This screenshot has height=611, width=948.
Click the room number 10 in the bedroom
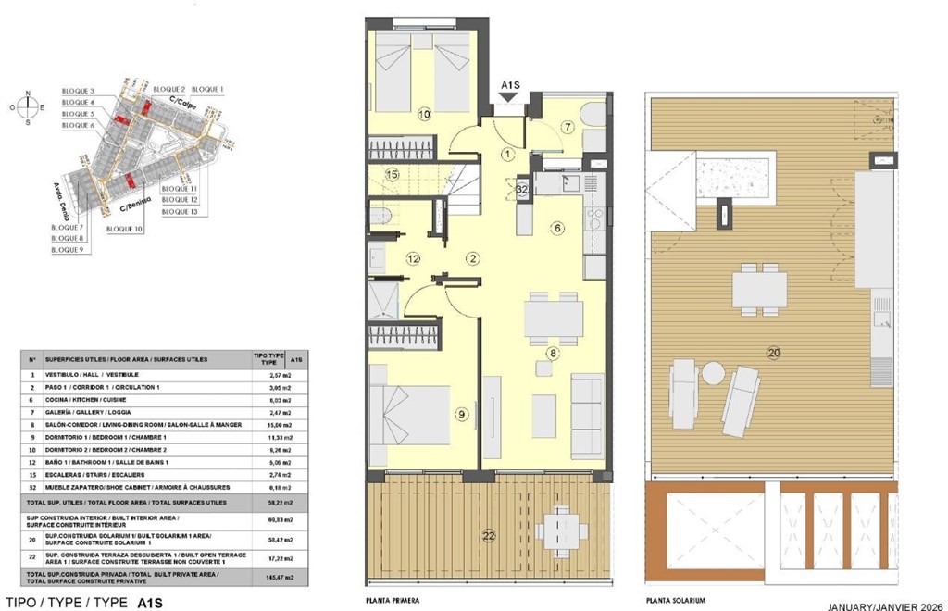tap(424, 115)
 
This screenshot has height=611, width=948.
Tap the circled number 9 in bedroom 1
tap(462, 414)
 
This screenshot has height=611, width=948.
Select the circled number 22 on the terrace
tap(487, 533)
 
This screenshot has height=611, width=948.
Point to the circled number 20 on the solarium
tap(774, 351)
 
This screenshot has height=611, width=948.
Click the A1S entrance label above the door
tap(510, 86)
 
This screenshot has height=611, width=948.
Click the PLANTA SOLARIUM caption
tap(676, 601)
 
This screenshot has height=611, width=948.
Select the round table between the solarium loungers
tap(712, 373)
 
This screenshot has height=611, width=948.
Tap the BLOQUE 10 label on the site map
tap(124, 228)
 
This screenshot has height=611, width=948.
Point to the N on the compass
tap(28, 93)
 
